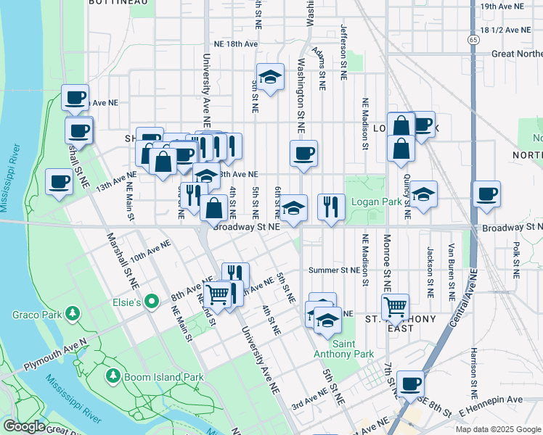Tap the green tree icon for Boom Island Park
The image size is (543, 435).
[113, 376]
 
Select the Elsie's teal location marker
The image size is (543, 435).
[152, 300]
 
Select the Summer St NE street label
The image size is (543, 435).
[334, 270]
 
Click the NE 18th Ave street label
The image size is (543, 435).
[235, 44]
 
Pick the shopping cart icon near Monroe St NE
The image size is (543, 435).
[395, 305]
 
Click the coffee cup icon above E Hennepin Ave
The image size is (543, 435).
[410, 383]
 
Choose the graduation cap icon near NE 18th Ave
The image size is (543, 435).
[270, 76]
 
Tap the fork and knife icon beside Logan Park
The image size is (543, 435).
[331, 206]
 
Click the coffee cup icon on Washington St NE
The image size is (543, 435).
[303, 153]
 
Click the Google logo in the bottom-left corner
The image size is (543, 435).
[24, 426]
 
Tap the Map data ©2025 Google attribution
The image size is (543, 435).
[497, 429]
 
